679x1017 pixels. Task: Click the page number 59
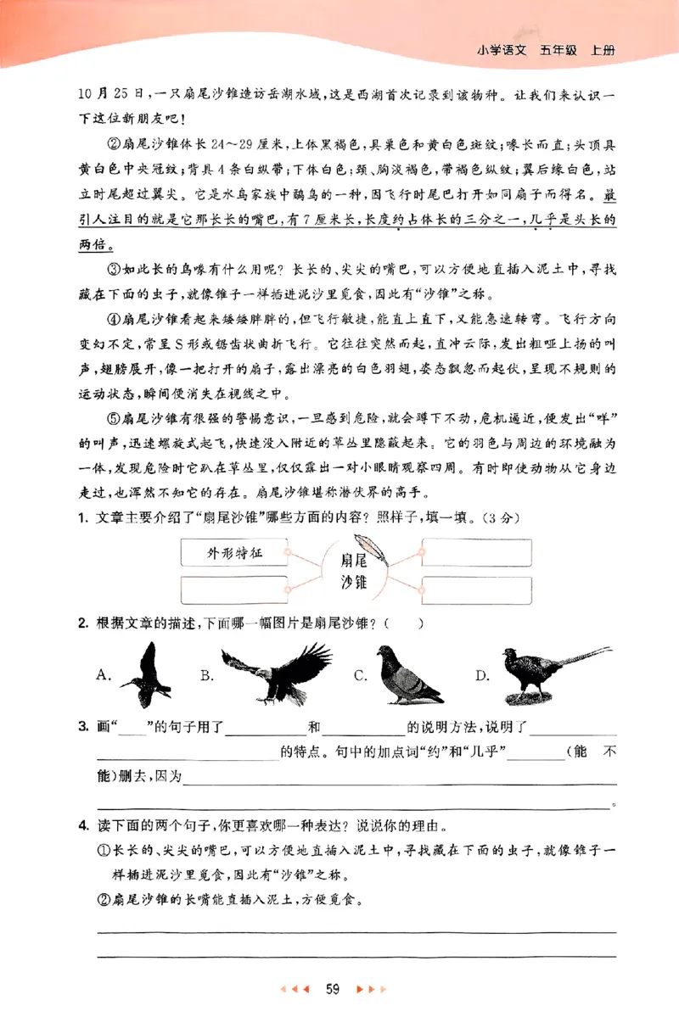[333, 988]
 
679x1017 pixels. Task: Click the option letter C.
[360, 676]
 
